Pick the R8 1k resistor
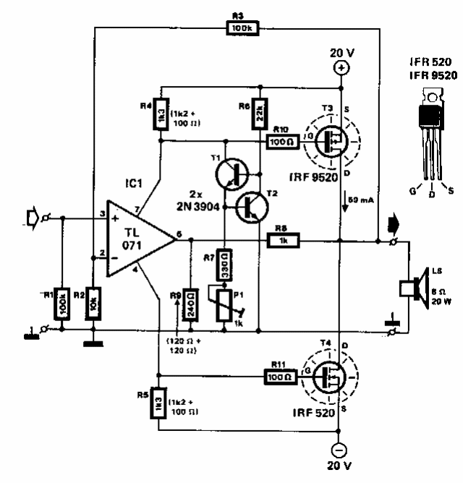(285, 239)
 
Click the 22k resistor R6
(258, 113)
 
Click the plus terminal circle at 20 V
(340, 68)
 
